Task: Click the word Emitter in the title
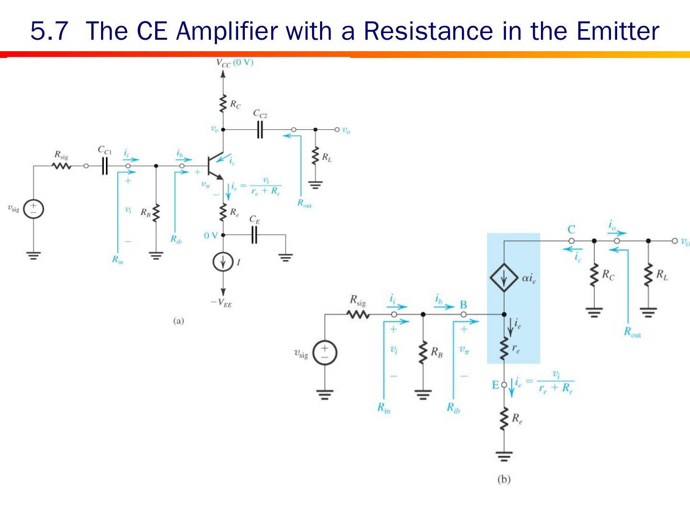click(x=618, y=31)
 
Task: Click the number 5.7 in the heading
click(x=49, y=31)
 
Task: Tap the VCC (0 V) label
click(x=234, y=63)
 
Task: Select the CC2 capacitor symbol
click(x=260, y=129)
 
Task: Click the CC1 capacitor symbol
click(x=104, y=166)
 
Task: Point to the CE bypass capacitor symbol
click(x=254, y=235)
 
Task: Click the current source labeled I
click(x=223, y=262)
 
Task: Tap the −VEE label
click(x=221, y=303)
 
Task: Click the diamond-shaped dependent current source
click(x=504, y=278)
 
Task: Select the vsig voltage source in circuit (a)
click(x=34, y=209)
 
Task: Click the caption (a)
click(x=178, y=321)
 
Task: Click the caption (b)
click(x=504, y=479)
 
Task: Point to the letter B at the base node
click(x=463, y=304)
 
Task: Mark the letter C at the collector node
click(x=571, y=229)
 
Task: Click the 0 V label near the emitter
click(x=211, y=236)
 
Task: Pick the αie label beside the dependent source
click(x=529, y=278)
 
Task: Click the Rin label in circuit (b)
click(x=384, y=408)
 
